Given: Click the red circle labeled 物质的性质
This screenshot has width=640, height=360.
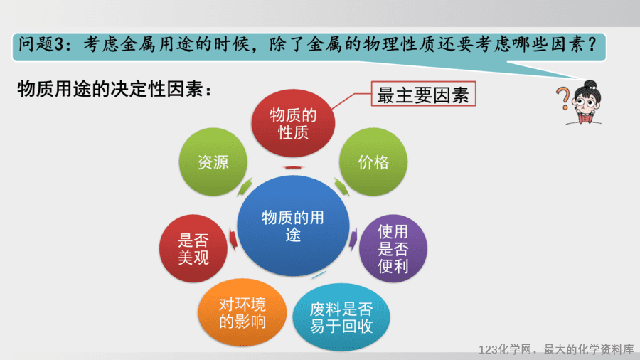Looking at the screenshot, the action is (293, 123).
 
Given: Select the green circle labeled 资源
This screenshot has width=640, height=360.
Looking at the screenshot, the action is (213, 162).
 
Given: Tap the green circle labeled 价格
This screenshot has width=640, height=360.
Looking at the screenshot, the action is (373, 162).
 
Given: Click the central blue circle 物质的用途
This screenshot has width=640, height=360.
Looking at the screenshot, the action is (293, 226).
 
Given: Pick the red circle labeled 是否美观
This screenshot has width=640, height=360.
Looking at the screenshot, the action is (193, 248).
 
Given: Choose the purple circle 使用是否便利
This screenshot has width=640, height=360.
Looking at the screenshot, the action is (393, 248).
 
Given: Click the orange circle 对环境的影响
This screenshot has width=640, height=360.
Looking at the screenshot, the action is (242, 312).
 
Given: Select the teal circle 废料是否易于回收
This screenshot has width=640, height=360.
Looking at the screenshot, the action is (341, 317).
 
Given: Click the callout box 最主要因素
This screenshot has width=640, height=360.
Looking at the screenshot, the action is (423, 94).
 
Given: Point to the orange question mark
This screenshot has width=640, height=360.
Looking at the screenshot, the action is (563, 98).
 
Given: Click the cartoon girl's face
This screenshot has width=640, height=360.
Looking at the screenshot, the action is (587, 101).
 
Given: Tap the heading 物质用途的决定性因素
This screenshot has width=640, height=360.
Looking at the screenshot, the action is (114, 88).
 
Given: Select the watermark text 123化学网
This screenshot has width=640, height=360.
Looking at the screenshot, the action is (504, 349).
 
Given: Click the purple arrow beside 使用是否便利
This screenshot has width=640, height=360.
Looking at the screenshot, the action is (353, 239).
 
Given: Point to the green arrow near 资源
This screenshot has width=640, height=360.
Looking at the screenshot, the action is (245, 187).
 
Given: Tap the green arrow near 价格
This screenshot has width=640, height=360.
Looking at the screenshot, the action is (341, 187).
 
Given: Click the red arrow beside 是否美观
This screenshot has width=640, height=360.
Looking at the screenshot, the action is (233, 239).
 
